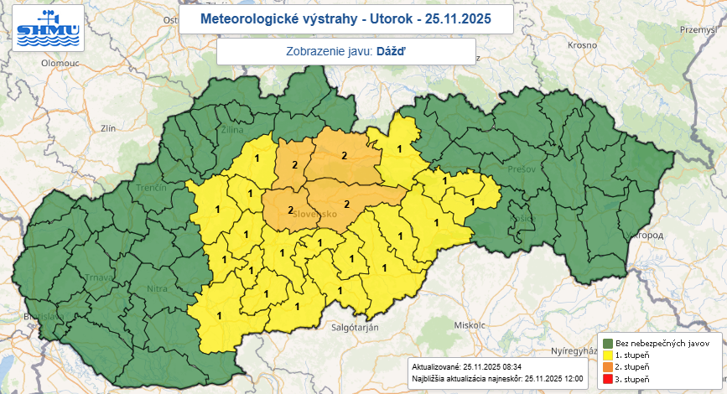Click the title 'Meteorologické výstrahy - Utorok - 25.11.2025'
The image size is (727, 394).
tap(335, 18)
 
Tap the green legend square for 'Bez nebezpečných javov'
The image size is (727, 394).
tap(607, 344)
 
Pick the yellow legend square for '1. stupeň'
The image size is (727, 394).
tap(607, 355)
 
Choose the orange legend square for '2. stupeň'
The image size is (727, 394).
tap(607, 367)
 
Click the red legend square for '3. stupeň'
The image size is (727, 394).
tap(607, 380)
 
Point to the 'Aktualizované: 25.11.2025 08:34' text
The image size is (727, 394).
tap(467, 367)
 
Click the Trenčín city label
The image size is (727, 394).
tap(151, 189)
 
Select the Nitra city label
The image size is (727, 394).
tap(158, 289)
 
